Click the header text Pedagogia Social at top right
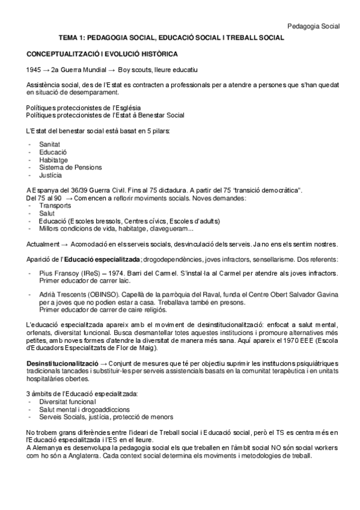(313, 26)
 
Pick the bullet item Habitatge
(52, 160)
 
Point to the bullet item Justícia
(50, 175)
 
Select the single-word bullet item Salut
(46, 213)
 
